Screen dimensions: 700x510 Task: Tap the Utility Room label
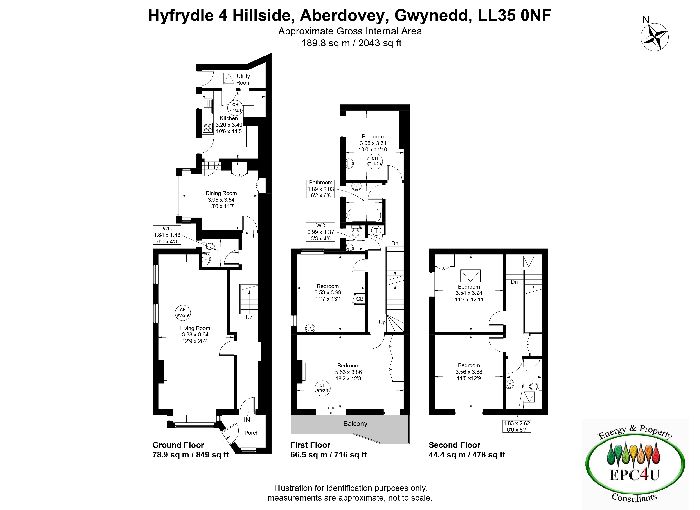[243, 79]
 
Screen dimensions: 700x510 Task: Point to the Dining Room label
[221, 193]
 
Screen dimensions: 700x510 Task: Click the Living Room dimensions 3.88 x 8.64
[195, 334]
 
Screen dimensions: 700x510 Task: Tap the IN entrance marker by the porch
[247, 420]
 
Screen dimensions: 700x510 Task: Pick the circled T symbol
[376, 230]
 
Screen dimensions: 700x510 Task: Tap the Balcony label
[355, 423]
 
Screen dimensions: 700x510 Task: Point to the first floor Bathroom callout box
[321, 189]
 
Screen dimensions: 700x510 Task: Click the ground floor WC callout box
[167, 235]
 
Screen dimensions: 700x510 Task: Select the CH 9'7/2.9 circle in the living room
[183, 312]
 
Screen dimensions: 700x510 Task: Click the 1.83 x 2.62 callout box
[517, 426]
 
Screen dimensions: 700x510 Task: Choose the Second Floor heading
[454, 445]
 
